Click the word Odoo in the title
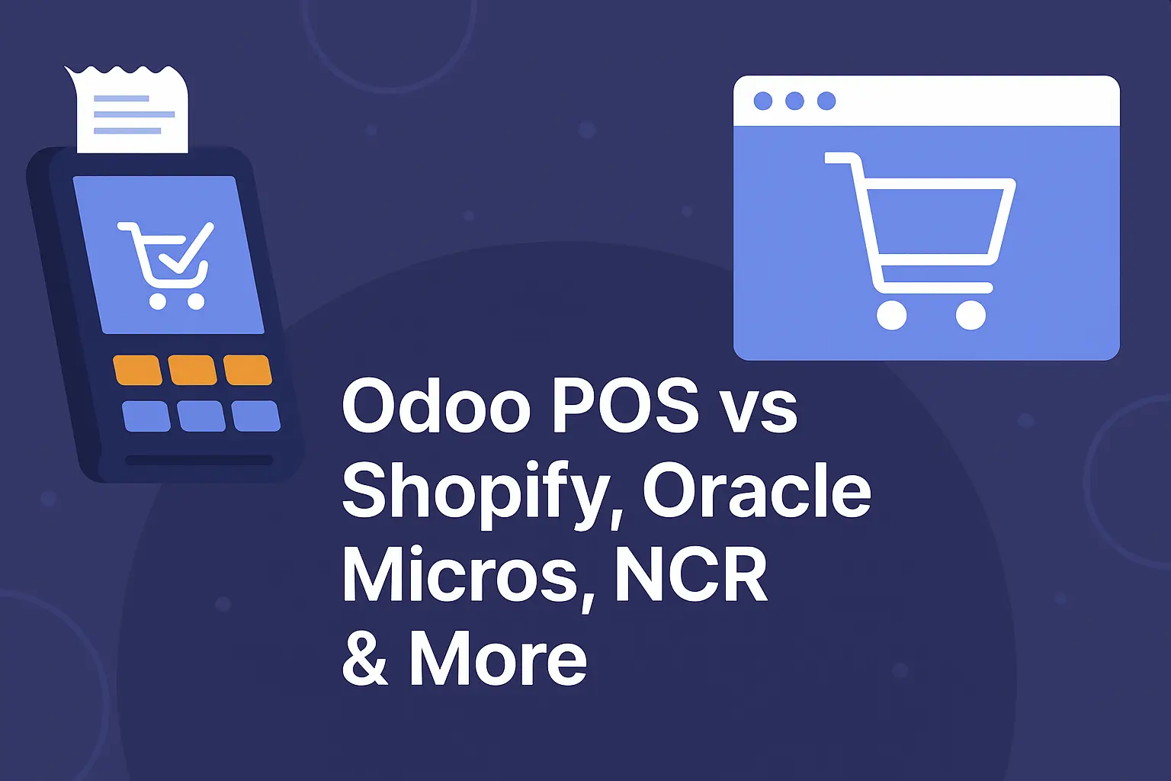[x=437, y=405]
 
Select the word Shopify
[x=477, y=494]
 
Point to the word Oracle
[x=756, y=490]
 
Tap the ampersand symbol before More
[x=365, y=657]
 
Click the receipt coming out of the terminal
[x=128, y=109]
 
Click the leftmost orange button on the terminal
[x=137, y=370]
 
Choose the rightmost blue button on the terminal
[x=255, y=416]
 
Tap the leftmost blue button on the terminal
[x=146, y=416]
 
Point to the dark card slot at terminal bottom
[x=199, y=461]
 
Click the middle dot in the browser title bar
[x=794, y=101]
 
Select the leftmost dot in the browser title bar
[x=763, y=101]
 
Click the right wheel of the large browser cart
[x=970, y=315]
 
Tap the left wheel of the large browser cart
[x=892, y=315]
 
